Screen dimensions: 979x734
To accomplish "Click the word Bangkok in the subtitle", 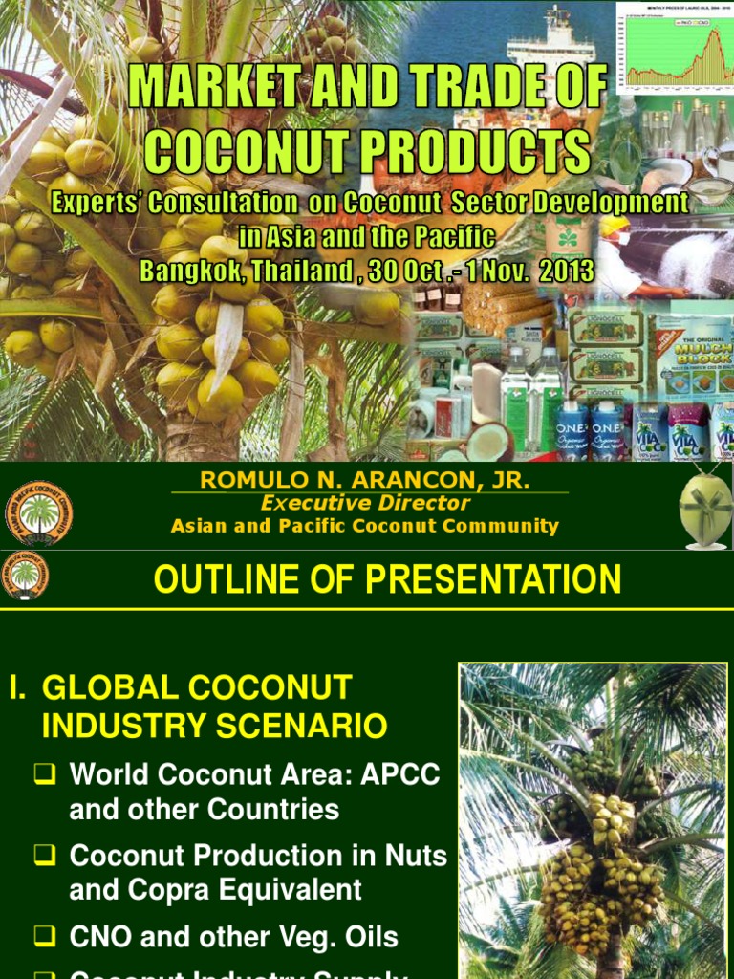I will pyautogui.click(x=189, y=271).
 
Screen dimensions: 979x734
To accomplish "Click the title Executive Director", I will pyautogui.click(x=366, y=503).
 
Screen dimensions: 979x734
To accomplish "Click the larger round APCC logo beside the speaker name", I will pyautogui.click(x=38, y=513).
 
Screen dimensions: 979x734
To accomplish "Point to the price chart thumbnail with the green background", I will pyautogui.click(x=674, y=48).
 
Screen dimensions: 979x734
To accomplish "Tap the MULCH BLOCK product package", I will pyautogui.click(x=689, y=359).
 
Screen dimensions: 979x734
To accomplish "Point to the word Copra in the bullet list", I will pyautogui.click(x=172, y=890).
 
